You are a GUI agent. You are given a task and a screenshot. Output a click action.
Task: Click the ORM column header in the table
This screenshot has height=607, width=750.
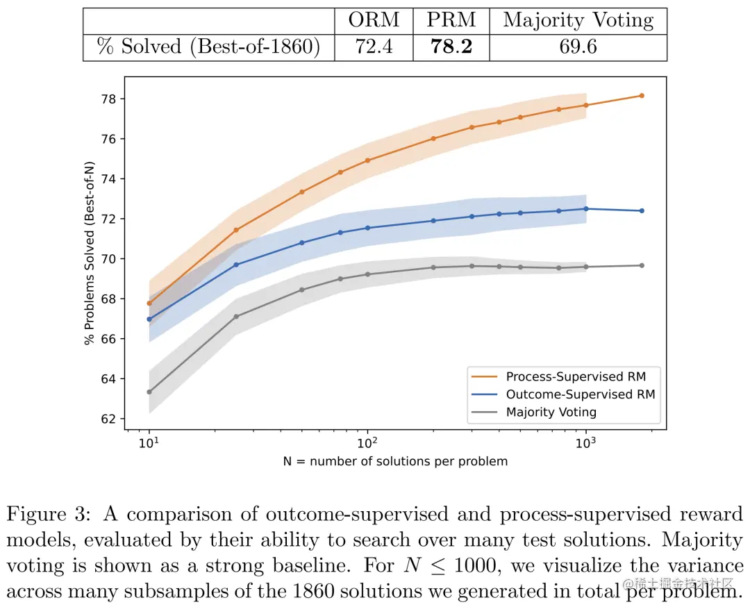(x=374, y=20)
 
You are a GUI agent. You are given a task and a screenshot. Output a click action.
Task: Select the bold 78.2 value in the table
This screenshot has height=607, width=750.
(x=451, y=47)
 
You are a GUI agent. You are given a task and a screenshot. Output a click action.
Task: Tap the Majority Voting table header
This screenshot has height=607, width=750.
(x=578, y=20)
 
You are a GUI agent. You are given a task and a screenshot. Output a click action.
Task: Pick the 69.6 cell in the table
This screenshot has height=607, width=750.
(x=578, y=47)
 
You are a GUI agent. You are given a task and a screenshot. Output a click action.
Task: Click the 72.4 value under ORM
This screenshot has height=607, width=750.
(x=374, y=47)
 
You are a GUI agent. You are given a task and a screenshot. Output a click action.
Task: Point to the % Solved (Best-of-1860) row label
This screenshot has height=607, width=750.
(x=208, y=47)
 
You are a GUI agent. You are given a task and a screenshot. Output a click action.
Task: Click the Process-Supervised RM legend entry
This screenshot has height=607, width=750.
(x=576, y=376)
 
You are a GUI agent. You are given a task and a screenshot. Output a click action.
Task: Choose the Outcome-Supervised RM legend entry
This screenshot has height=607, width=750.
(x=580, y=394)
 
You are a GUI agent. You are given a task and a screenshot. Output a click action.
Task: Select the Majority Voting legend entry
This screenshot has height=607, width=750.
(x=551, y=412)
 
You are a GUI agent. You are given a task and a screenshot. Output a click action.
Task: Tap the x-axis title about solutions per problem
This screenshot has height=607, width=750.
(x=395, y=461)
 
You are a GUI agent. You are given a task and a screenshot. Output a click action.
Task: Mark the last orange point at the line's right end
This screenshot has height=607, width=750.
(x=642, y=96)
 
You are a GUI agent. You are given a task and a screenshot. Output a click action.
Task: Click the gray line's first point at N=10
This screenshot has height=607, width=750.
(x=149, y=392)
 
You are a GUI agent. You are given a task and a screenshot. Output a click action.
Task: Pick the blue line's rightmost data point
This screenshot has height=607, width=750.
(x=642, y=210)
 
